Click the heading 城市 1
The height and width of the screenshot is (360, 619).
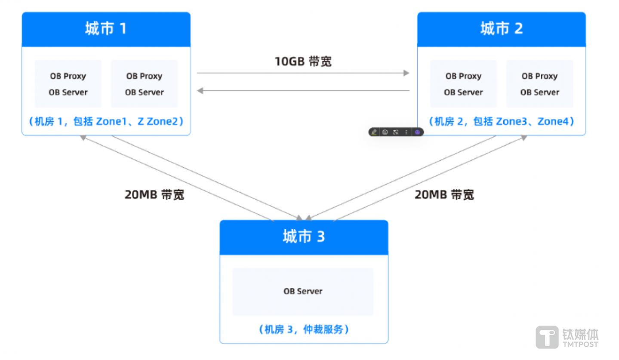click(x=106, y=29)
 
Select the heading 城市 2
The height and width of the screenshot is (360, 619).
click(x=501, y=29)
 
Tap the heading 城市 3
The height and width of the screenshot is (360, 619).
click(x=304, y=237)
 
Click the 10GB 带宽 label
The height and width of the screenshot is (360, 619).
click(x=303, y=62)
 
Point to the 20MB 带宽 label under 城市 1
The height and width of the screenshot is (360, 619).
click(x=154, y=195)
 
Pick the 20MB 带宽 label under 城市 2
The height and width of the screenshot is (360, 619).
click(x=444, y=195)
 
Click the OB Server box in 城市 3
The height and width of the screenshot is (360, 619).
click(x=303, y=292)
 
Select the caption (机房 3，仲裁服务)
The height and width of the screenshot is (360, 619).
click(x=304, y=329)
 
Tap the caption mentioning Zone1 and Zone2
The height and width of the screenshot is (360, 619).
click(x=106, y=122)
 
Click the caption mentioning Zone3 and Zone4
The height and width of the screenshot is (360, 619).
click(x=501, y=122)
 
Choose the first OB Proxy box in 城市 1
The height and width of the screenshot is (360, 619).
click(x=68, y=84)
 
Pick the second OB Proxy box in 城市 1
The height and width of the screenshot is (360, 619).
click(x=144, y=84)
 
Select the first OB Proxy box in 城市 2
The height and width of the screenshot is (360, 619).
click(x=463, y=84)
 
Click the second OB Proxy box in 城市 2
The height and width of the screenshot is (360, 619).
click(x=539, y=84)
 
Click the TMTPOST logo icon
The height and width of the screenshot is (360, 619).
click(x=547, y=337)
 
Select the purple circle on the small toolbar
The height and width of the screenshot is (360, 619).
click(x=417, y=132)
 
